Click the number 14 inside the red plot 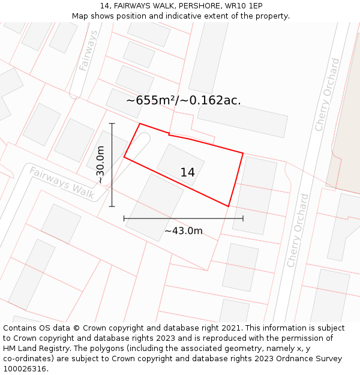(x=187, y=173)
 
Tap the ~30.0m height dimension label (x=100, y=165)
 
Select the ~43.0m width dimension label (x=184, y=231)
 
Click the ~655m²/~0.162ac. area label (x=184, y=101)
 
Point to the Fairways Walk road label (x=62, y=182)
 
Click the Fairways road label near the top (x=88, y=51)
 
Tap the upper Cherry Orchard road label (x=327, y=94)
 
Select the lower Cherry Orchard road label (x=298, y=230)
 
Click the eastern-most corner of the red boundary (x=243, y=153)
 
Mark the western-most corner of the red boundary (x=124, y=157)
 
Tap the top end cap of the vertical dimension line (x=112, y=124)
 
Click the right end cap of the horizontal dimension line (x=243, y=218)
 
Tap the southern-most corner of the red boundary (x=229, y=206)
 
